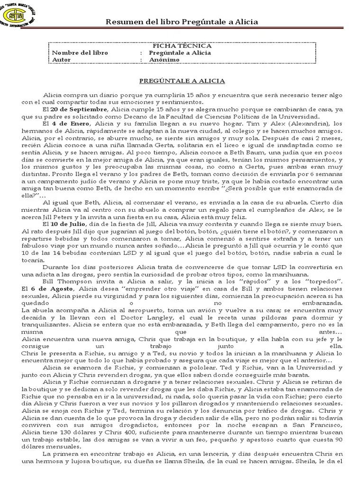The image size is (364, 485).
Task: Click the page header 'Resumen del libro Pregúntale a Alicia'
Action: (x=182, y=22)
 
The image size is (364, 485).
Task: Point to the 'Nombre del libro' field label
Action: (x=80, y=53)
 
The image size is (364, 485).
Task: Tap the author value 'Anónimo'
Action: (x=164, y=60)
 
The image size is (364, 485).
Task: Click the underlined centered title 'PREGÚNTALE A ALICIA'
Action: (x=182, y=81)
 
